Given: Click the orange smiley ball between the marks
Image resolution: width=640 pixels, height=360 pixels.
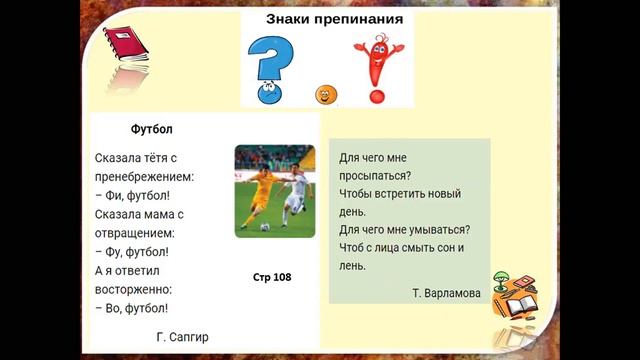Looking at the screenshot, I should click(x=325, y=96).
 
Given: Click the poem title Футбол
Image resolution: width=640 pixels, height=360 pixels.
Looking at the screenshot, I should click(x=152, y=130).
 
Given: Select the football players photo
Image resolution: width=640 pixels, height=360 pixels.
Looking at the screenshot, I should click(x=274, y=191).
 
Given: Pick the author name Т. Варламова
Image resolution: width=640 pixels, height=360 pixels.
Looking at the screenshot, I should click(x=446, y=293).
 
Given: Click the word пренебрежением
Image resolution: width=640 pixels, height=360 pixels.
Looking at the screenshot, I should click(x=144, y=177).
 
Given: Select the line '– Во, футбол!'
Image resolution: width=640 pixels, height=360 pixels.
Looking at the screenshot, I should click(x=132, y=309).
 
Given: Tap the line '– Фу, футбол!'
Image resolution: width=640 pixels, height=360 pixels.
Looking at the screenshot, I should click(x=132, y=252).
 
